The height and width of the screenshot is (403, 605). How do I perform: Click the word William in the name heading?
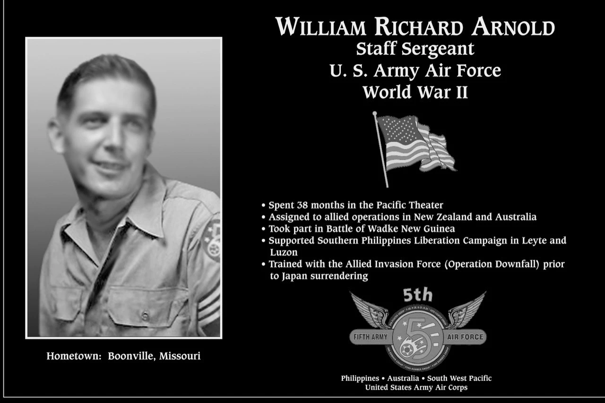coord(321,27)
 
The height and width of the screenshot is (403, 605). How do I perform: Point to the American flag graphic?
coord(414,144)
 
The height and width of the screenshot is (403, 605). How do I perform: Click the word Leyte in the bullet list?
coord(536,240)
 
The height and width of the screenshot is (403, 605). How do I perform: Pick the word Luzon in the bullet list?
coord(284,253)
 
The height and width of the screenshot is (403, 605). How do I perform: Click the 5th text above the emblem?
coord(418,296)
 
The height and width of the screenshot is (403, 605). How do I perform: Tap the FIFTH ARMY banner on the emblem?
coord(371,337)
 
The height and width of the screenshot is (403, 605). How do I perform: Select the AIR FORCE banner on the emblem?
coord(466,337)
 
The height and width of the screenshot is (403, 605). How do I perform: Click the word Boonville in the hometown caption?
coord(130,356)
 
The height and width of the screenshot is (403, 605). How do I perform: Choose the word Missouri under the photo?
coord(180,356)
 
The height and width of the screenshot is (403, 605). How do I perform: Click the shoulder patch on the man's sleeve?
coord(212,239)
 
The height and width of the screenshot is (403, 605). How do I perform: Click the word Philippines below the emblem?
coord(360,378)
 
